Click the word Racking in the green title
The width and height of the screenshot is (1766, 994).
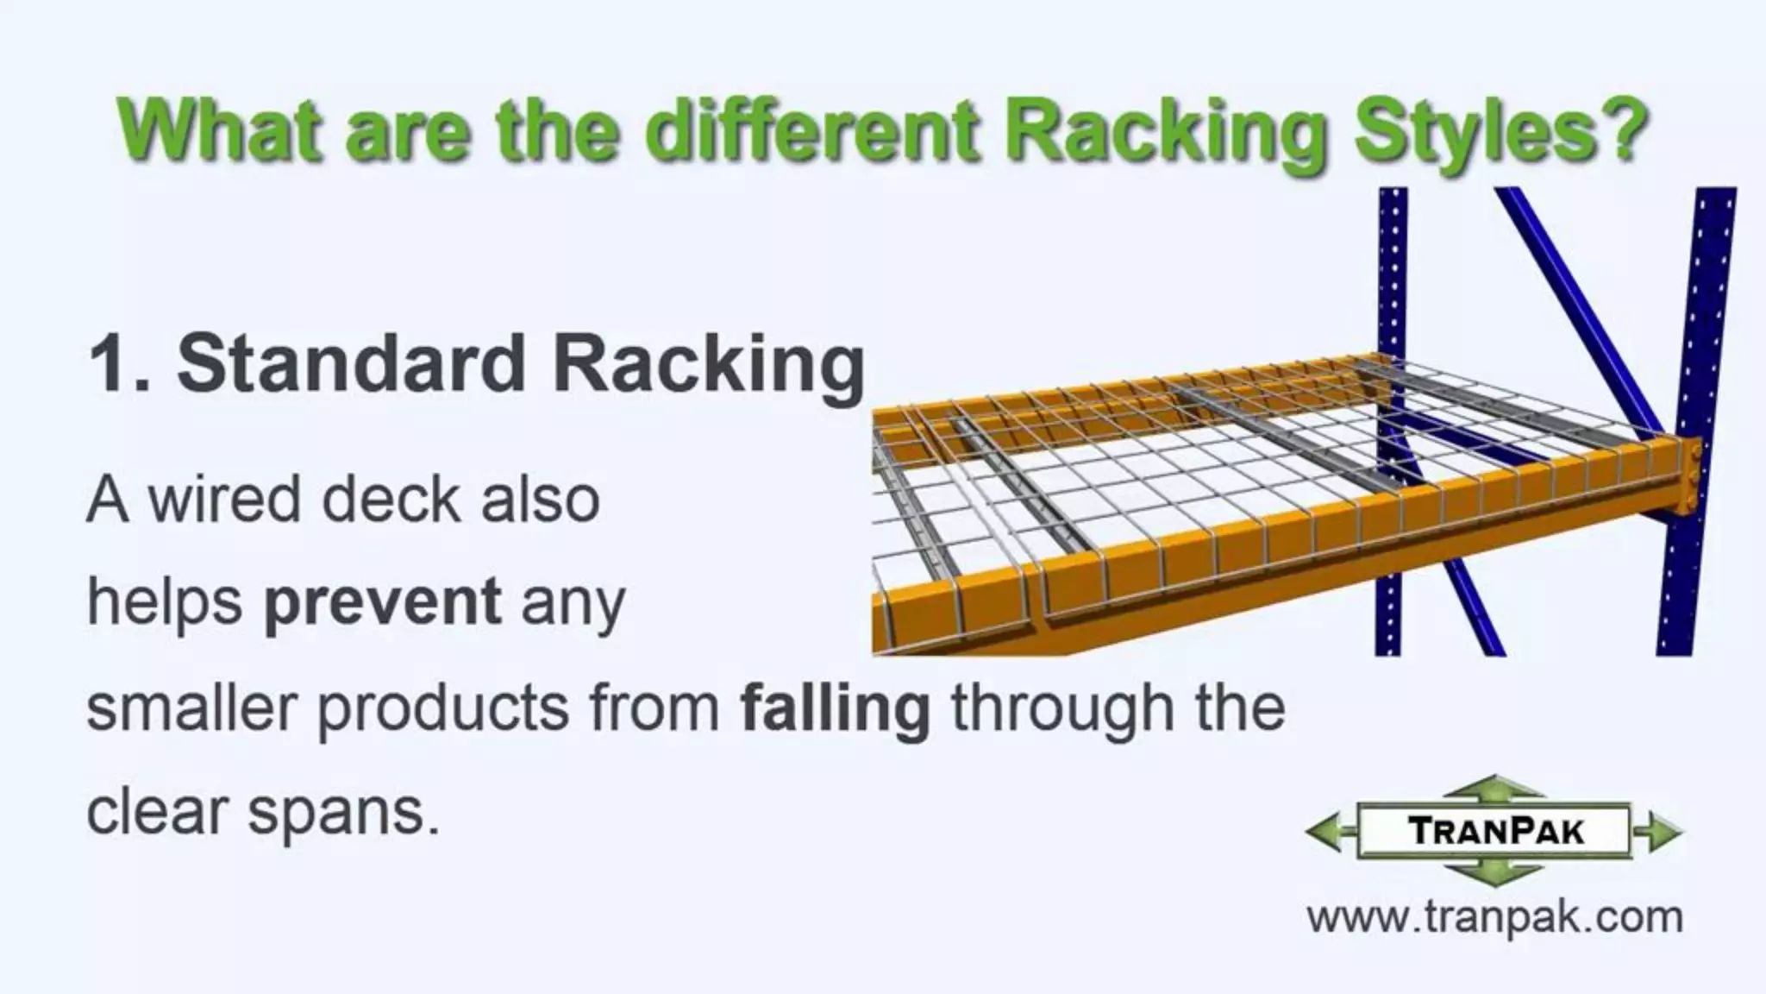coord(1162,131)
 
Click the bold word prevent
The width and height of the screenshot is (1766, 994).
coord(382,602)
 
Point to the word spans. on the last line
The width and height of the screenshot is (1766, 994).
coord(344,813)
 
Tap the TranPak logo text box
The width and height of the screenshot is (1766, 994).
coord(1494,831)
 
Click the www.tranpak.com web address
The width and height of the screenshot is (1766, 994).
coord(1494,916)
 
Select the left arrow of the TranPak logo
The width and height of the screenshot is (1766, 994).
coord(1329,832)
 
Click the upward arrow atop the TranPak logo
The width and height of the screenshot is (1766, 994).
coord(1494,788)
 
